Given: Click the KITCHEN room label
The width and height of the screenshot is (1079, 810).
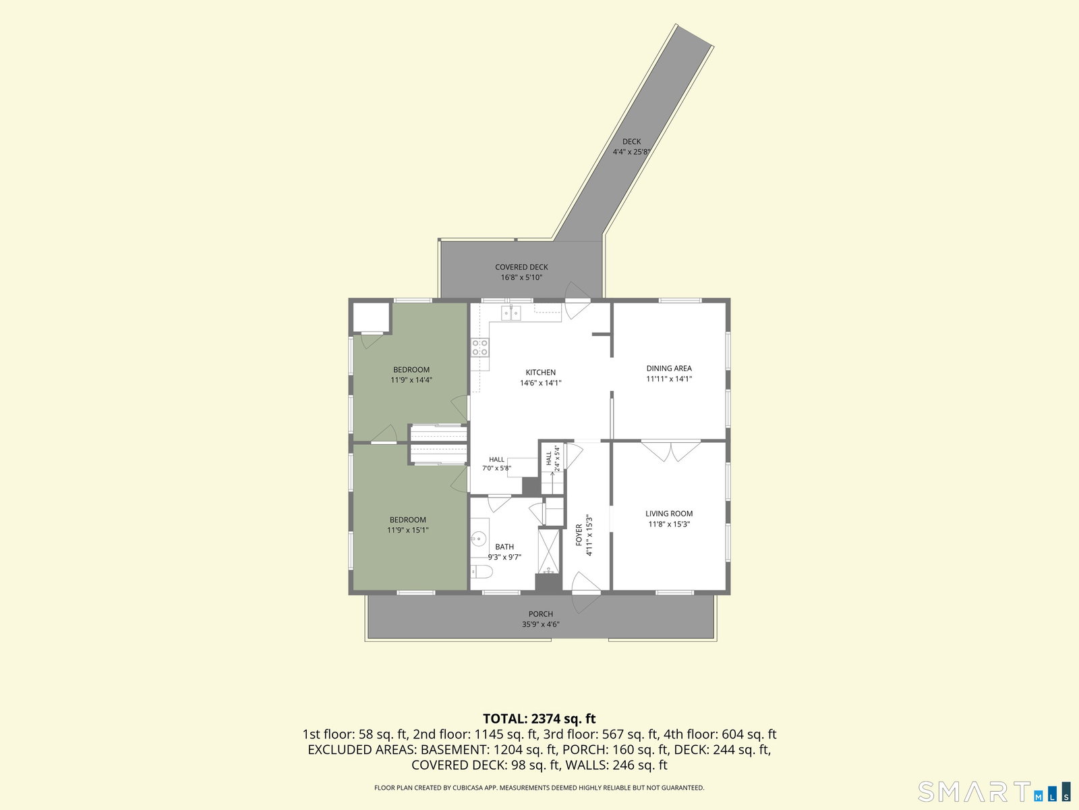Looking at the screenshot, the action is click(540, 373).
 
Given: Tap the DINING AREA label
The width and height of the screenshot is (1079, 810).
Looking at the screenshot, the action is click(668, 369).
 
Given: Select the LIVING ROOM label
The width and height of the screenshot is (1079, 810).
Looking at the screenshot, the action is click(668, 514).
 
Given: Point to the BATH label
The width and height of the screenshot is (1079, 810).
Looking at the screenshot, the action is click(504, 546).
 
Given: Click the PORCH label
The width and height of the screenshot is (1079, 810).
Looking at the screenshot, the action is click(541, 614).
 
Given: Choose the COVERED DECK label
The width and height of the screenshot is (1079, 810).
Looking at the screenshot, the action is click(521, 267).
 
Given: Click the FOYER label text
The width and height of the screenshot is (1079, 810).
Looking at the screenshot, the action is click(579, 535).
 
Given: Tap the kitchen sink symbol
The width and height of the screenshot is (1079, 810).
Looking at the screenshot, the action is click(511, 313).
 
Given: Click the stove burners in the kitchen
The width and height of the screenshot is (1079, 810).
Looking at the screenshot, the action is click(479, 347).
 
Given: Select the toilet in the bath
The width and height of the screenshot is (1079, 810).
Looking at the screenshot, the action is click(482, 571).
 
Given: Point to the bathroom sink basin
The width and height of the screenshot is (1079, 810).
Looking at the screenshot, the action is click(479, 539).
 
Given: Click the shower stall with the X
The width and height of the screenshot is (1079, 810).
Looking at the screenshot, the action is click(548, 551).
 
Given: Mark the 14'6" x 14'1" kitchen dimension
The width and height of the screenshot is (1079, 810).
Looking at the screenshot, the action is click(540, 383).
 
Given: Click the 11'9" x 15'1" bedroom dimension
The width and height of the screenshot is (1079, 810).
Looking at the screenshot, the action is click(407, 530).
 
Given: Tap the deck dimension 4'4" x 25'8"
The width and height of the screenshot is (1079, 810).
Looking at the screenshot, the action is click(631, 152).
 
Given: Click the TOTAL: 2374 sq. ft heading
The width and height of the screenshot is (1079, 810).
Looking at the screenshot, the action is click(539, 718).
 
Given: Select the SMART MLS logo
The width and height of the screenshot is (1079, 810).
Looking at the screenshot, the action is click(993, 791).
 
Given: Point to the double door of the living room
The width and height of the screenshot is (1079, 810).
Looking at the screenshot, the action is click(670, 450).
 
